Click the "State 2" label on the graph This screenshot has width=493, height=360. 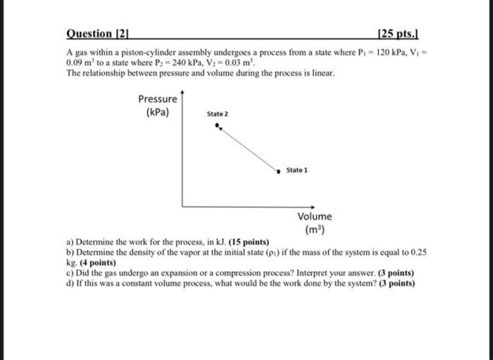coord(218,114)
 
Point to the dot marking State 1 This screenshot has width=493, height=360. coord(279,170)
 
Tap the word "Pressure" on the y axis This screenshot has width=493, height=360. coord(158,99)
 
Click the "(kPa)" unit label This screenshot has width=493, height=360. coord(157,112)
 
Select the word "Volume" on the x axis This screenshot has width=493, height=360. coord(314,217)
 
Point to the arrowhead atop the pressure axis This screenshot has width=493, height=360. coord(182,92)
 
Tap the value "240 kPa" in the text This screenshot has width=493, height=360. coord(176,63)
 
